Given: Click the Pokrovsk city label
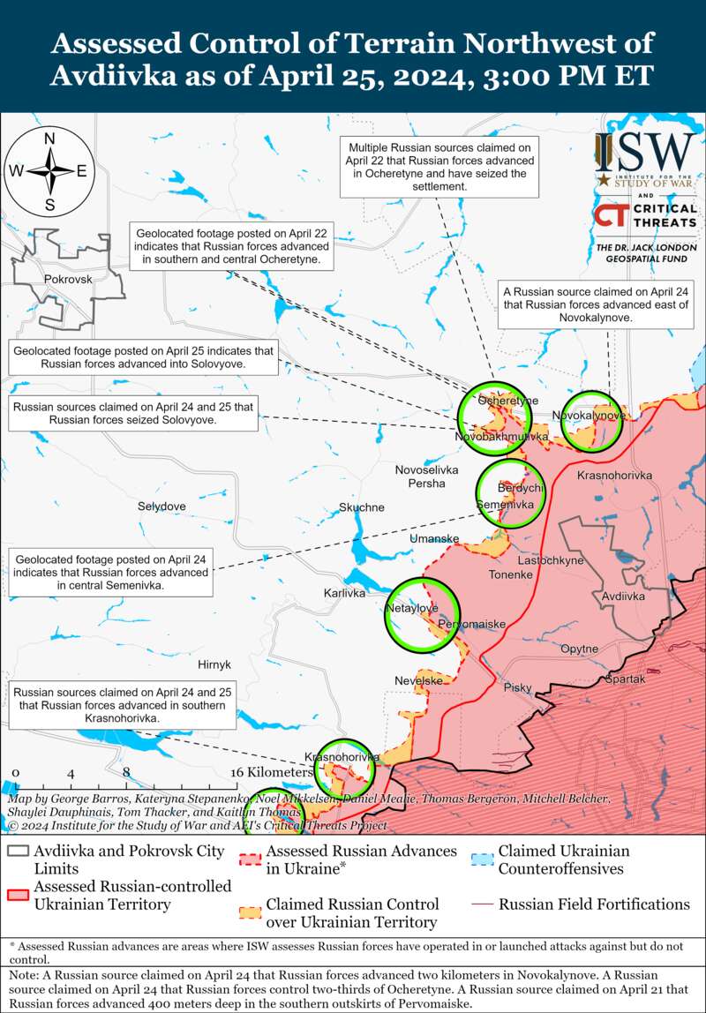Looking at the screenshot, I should [67, 279].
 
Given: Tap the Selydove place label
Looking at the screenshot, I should [161, 506].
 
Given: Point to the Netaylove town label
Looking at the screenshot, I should [412, 609].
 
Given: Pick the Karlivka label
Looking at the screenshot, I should [344, 593].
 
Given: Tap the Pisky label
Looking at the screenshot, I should [518, 687].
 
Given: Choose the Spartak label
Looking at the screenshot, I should [625, 679].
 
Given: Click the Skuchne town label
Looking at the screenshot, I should [362, 507].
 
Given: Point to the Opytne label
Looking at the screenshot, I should [579, 649].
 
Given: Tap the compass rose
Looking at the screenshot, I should [50, 171].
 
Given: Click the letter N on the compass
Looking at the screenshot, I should [50, 139].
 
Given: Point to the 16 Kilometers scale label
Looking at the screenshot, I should [273, 771].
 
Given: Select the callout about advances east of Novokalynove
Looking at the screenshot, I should [597, 303].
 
